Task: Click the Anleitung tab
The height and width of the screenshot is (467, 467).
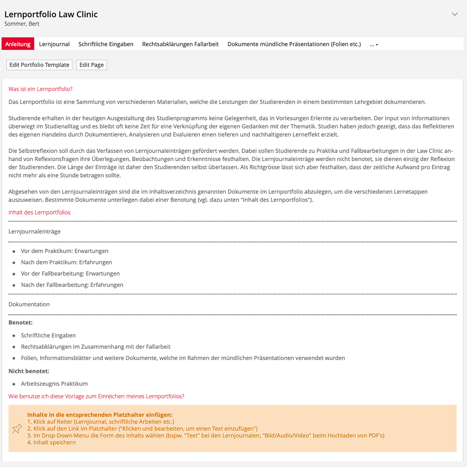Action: (18, 44)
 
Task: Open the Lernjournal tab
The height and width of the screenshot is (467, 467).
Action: (54, 44)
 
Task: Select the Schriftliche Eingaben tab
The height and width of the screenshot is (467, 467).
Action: (106, 44)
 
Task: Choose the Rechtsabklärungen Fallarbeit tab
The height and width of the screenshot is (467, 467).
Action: (180, 44)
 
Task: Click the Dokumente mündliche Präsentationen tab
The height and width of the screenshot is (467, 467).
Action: (294, 44)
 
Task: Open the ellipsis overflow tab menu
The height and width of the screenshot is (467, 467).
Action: (374, 44)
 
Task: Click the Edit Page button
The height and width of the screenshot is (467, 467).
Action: (92, 65)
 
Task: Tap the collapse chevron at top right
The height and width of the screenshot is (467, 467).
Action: (455, 14)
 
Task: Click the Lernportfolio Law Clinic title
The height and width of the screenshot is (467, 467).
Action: (51, 14)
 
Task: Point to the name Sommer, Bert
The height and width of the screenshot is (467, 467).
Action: (22, 24)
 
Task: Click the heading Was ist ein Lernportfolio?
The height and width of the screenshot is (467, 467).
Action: (41, 89)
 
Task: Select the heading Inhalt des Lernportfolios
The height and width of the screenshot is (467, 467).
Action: (39, 212)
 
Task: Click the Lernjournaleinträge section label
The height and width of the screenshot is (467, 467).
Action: (34, 231)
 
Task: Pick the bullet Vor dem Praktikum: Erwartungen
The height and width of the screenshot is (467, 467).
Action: (64, 251)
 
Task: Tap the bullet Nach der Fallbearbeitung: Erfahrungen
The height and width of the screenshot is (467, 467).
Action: (72, 285)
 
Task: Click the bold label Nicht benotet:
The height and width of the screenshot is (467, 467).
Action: (28, 371)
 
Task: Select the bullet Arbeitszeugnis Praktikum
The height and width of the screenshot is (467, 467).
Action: (54, 384)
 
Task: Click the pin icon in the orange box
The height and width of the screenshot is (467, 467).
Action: (17, 428)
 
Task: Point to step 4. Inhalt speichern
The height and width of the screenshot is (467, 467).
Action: (51, 442)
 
